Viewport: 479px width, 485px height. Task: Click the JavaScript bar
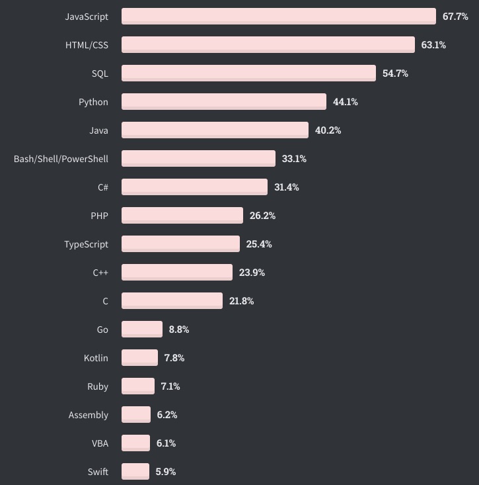[x=278, y=17]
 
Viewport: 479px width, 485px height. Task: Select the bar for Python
[x=223, y=102]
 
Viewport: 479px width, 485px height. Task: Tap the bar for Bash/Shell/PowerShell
[x=198, y=159]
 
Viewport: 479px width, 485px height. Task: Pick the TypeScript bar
[x=180, y=244]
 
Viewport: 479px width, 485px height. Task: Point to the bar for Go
[x=141, y=330]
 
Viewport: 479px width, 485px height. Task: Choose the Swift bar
[x=135, y=472]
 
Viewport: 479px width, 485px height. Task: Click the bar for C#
[x=194, y=187]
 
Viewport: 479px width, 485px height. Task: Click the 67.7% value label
[x=455, y=17]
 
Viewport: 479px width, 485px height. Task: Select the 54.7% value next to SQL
[x=395, y=73]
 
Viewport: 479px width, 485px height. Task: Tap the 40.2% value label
[x=328, y=130]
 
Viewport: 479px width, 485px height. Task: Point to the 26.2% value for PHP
[x=262, y=216]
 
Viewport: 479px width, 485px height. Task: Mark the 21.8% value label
[x=241, y=301]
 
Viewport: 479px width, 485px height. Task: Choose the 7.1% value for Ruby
[x=170, y=386]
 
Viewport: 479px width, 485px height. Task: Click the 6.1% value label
[x=166, y=443]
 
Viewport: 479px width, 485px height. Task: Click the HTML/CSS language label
[x=87, y=45]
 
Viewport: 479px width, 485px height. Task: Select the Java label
[x=98, y=130]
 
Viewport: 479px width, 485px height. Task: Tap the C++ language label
[x=100, y=273]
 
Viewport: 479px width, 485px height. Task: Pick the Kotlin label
[x=96, y=358]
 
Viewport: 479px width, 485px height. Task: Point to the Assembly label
[x=89, y=415]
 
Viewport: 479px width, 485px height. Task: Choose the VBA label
[x=100, y=443]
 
